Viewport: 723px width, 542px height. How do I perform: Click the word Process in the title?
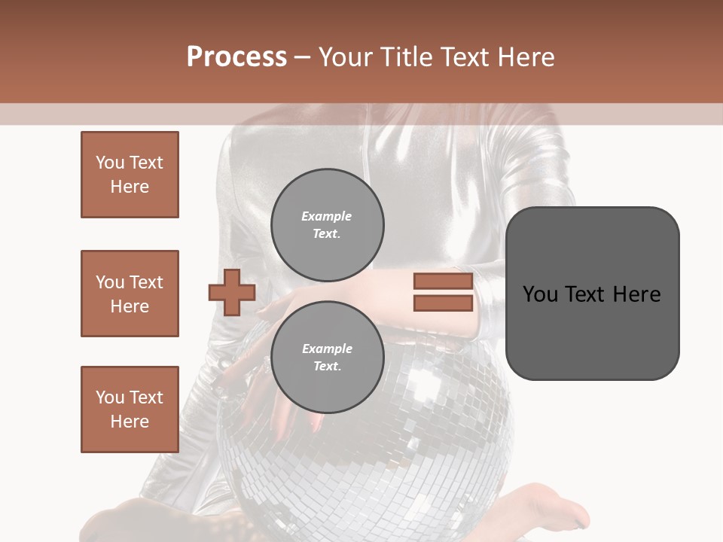tap(236, 57)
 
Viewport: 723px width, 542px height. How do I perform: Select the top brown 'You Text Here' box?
tap(130, 175)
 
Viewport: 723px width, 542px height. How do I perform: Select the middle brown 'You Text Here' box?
tap(130, 294)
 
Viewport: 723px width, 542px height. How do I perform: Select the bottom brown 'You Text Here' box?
tap(130, 410)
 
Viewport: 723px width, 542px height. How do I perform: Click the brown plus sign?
tap(232, 292)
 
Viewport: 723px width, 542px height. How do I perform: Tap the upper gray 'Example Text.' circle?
tap(327, 224)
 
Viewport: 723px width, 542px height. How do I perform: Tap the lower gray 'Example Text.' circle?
tap(327, 357)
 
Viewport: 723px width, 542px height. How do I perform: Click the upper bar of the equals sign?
tap(443, 282)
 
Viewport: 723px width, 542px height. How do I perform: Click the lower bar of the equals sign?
tap(443, 303)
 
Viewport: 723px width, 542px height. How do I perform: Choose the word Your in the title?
tap(344, 57)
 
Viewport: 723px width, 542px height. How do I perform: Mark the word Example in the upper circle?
tap(327, 216)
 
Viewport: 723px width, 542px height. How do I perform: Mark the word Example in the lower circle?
tap(327, 349)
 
